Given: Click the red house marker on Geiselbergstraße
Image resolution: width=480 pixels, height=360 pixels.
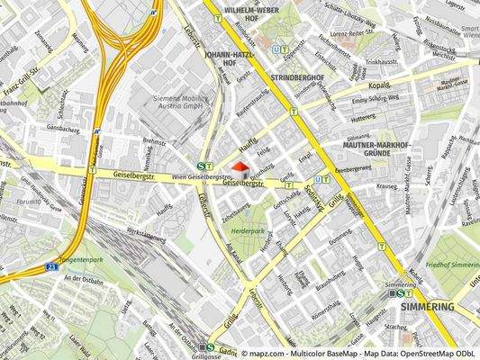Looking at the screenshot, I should tap(239, 168).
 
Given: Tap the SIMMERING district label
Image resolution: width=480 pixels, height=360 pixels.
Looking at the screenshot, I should tap(427, 307).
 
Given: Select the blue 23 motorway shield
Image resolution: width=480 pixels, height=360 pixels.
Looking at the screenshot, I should tap(53, 267).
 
